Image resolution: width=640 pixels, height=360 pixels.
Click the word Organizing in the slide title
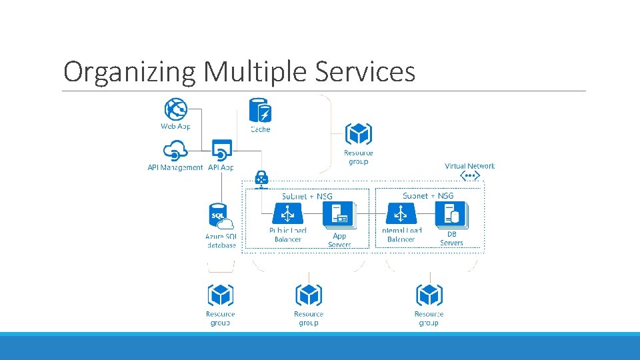(129, 71)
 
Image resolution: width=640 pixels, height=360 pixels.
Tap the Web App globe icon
(175, 109)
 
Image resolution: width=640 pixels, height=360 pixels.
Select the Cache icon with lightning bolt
(260, 111)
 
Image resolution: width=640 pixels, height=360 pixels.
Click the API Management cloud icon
(175, 151)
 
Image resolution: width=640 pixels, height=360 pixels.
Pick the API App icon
(221, 150)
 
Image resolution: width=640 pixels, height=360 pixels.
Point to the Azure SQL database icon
(221, 217)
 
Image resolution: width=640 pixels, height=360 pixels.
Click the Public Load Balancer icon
(288, 215)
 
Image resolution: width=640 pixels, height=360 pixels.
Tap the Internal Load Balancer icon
(400, 215)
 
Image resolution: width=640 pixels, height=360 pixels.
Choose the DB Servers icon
(451, 215)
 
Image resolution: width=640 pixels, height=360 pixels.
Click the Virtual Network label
(470, 166)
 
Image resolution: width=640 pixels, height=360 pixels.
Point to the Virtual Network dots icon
(470, 176)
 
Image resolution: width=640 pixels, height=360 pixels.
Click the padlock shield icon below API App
(261, 178)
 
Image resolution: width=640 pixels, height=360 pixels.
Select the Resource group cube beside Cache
(359, 135)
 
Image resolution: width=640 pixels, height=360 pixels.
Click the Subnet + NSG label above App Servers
(307, 197)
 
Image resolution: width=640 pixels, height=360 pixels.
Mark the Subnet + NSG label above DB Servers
(428, 196)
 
